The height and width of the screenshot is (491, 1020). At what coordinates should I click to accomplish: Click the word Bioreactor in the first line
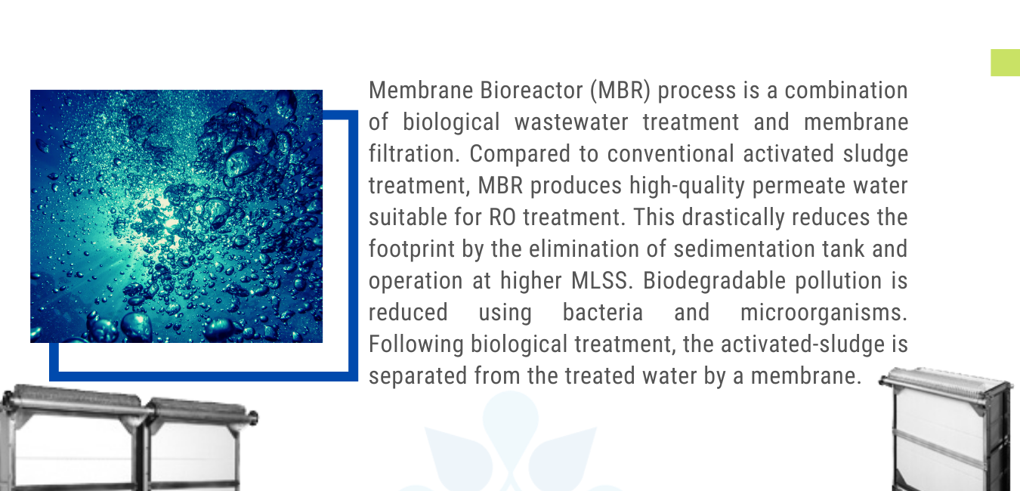point(531,90)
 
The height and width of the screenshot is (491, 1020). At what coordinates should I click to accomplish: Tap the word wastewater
point(571,122)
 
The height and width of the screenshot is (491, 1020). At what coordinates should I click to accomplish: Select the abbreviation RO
point(502,217)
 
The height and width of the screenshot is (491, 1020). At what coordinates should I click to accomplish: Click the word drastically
point(734,218)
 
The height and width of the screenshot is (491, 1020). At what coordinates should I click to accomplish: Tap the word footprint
point(412,249)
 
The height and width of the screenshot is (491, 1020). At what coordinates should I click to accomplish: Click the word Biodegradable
point(715,281)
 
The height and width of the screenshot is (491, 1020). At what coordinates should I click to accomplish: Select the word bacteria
point(603,312)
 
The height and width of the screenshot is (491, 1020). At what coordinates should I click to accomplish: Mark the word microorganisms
point(824,313)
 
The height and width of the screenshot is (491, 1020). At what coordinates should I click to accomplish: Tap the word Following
point(416,344)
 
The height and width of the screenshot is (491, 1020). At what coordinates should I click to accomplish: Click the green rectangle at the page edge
point(1006,63)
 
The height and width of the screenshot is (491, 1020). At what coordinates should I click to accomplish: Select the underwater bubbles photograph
point(176,216)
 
